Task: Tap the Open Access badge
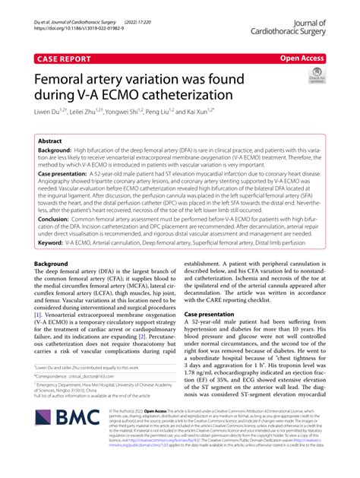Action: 302,56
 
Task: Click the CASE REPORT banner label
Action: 62,57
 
